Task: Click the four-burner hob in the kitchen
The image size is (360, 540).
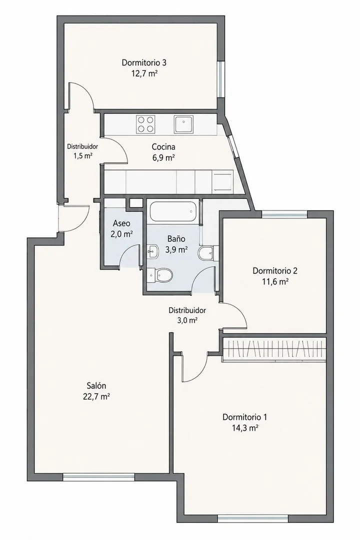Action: point(145,124)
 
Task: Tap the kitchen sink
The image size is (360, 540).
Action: point(184,124)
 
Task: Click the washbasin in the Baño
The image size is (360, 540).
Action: point(153,251)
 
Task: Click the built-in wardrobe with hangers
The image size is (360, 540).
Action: point(274,349)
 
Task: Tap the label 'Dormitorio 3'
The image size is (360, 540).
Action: point(144,62)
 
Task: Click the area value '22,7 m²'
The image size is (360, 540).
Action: point(96,396)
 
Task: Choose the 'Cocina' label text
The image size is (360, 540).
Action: point(163,147)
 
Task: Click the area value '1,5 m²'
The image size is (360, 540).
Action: point(82,155)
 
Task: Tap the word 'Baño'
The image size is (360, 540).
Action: point(176,238)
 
